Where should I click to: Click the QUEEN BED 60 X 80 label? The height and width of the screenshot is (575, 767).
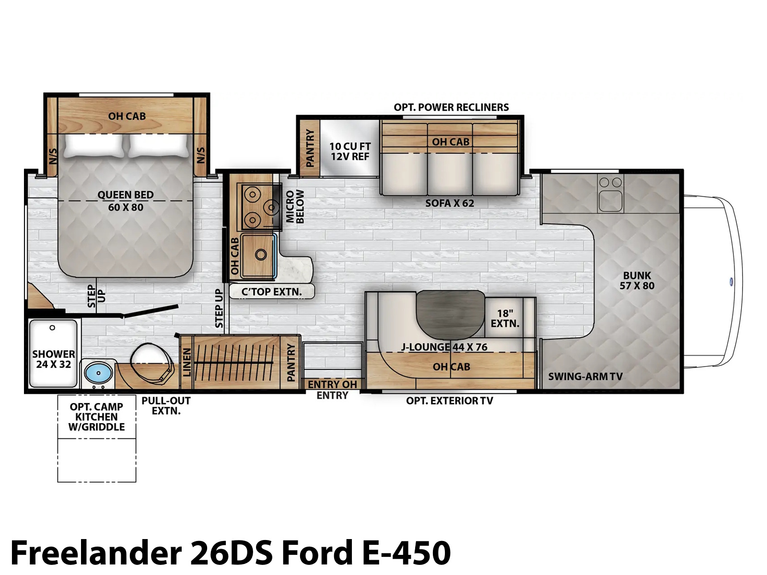click(x=126, y=201)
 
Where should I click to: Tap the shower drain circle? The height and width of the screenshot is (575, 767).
click(x=52, y=328)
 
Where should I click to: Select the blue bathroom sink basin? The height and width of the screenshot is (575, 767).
click(x=99, y=373)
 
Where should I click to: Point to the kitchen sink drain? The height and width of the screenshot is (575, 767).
click(x=261, y=254)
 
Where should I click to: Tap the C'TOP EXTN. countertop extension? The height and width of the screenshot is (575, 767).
click(x=271, y=291)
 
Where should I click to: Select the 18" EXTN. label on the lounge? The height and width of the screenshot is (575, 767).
click(x=505, y=318)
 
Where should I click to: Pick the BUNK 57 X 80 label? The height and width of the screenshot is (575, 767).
click(x=637, y=280)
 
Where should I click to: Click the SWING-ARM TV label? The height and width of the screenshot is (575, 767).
click(x=585, y=376)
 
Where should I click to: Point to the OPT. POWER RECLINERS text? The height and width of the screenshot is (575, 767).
click(x=451, y=107)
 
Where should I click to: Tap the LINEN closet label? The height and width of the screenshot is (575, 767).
click(x=187, y=362)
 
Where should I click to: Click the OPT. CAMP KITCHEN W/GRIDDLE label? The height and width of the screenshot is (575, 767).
click(x=96, y=417)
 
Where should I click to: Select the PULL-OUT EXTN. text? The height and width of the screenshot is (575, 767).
click(x=166, y=406)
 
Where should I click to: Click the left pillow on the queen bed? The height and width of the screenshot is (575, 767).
click(x=93, y=146)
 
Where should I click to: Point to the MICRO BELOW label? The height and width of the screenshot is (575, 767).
click(x=295, y=207)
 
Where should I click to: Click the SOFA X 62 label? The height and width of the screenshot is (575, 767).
click(x=450, y=203)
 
